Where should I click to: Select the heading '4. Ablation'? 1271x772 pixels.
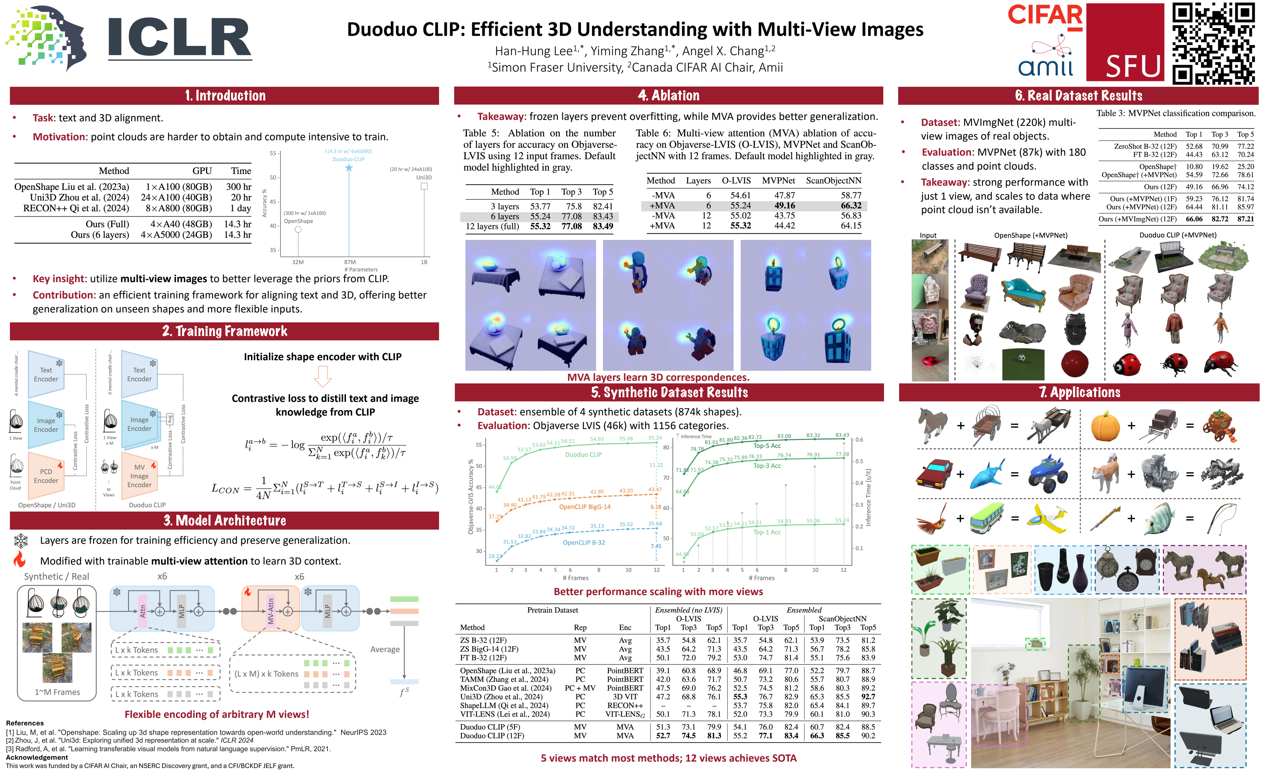[668, 96]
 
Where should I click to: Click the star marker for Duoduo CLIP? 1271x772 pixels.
[349, 168]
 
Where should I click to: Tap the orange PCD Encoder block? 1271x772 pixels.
[46, 476]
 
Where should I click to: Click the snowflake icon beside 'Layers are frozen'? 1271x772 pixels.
[21, 540]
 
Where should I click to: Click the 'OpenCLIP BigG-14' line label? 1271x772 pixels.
[584, 507]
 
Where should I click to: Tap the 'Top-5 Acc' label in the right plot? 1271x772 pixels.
[767, 446]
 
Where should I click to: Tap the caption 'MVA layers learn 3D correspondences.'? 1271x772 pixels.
[658, 377]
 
